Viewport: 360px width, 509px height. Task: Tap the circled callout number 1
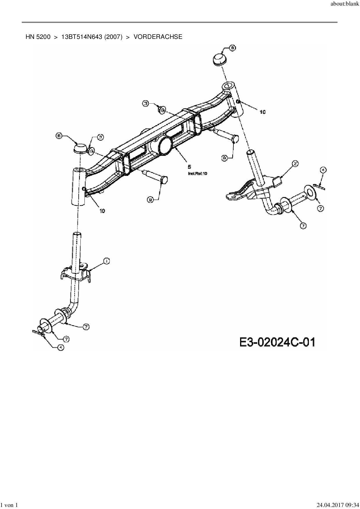tap(107, 261)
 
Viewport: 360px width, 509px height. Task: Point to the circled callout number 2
tap(295, 164)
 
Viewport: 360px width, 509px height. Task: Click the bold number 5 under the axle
tap(190, 167)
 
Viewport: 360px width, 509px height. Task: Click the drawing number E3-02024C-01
tap(277, 342)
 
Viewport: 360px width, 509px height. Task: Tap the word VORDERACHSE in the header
tap(158, 37)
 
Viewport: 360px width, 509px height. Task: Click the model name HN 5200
tap(38, 37)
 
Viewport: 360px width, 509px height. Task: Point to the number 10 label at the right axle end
tap(262, 112)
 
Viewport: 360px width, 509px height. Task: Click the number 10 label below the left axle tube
tap(102, 211)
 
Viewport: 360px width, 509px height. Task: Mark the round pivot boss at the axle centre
tap(165, 145)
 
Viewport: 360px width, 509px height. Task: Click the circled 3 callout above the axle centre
tap(145, 103)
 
